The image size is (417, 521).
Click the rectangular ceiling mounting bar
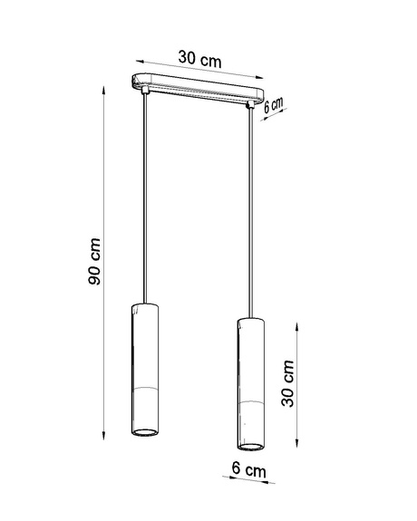point(196,85)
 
